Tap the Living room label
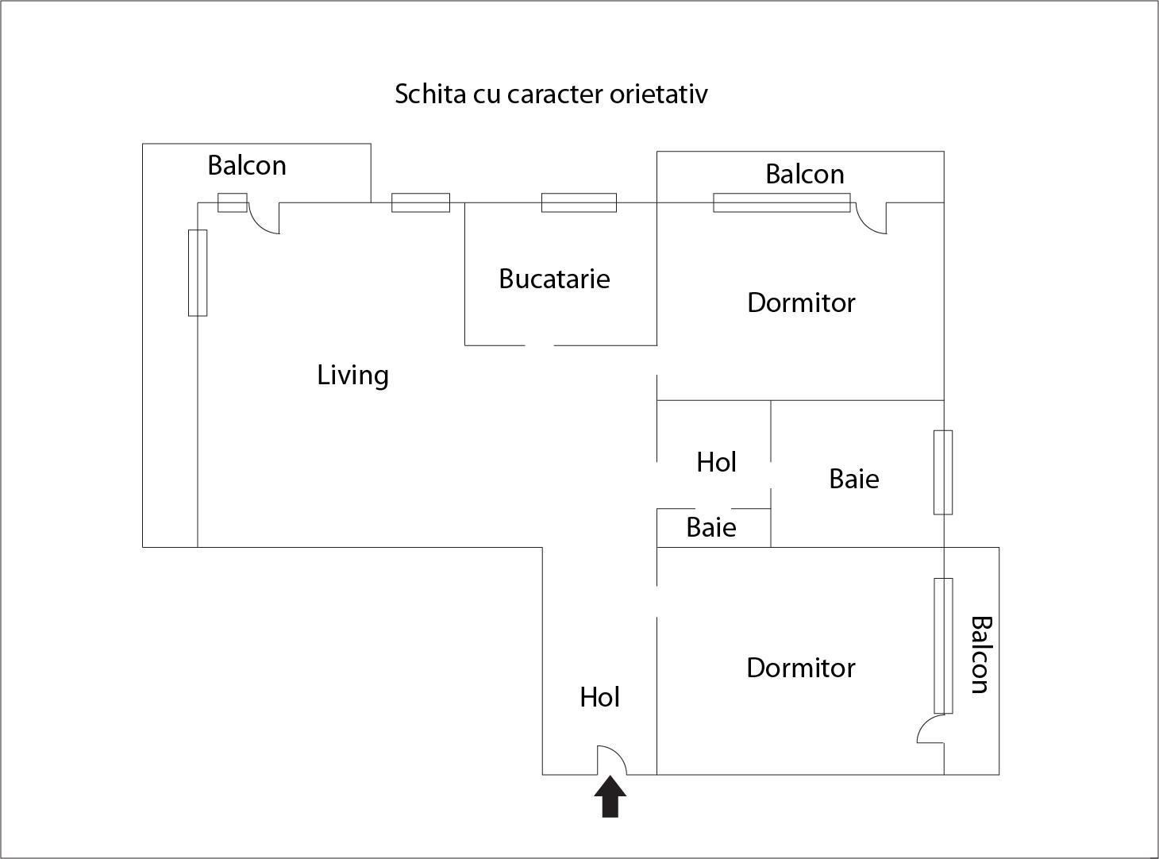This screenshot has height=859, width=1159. [353, 375]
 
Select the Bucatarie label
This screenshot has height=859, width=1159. [554, 279]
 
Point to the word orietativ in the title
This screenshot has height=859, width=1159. [658, 94]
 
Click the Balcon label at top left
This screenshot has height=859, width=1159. [247, 165]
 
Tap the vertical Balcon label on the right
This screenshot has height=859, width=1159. [981, 654]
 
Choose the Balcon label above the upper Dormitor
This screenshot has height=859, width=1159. [804, 174]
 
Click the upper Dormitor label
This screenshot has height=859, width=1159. [801, 302]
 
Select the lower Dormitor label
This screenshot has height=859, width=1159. [800, 668]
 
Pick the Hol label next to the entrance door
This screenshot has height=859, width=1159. [599, 697]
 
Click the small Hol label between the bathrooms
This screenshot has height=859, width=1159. [716, 462]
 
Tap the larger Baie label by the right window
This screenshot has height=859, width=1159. [853, 479]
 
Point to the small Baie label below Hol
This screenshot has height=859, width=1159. [710, 527]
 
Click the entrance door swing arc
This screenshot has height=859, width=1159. [613, 758]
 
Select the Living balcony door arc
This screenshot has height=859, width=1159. [264, 220]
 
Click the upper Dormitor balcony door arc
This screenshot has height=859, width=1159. [870, 220]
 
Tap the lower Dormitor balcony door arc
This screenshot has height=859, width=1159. [930, 728]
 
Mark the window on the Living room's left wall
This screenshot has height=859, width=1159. [198, 272]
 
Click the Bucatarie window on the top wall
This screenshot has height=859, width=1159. [579, 202]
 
